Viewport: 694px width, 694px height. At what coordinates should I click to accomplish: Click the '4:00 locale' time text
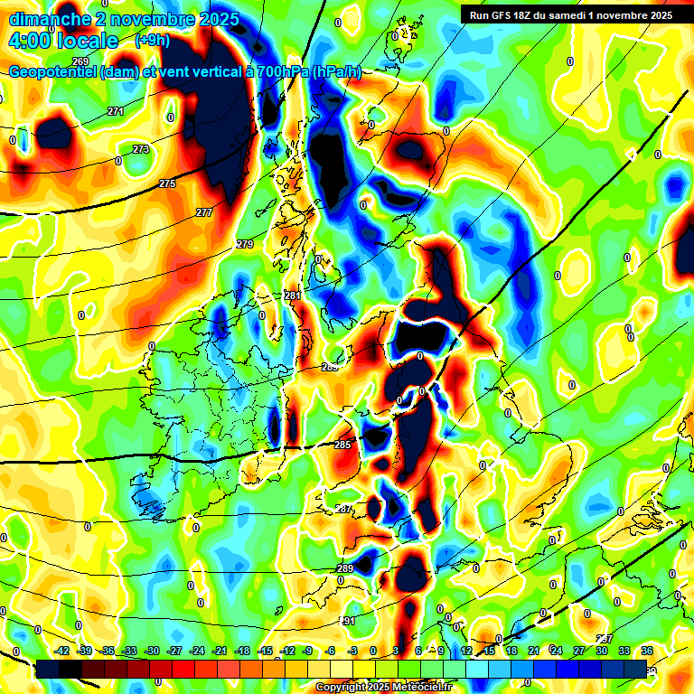(x=63, y=41)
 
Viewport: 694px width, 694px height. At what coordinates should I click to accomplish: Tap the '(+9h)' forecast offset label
(x=152, y=41)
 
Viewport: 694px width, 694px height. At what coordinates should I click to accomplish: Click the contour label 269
(x=80, y=61)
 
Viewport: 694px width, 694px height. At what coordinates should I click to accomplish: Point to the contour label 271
(x=115, y=111)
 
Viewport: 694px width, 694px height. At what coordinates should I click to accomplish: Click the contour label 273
(x=141, y=149)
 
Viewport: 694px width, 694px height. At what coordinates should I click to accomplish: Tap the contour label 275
(x=167, y=183)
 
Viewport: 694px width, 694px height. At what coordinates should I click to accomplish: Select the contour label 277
(x=204, y=212)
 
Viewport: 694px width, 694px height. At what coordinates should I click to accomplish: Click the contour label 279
(x=245, y=245)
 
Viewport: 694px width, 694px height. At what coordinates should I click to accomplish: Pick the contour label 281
(x=292, y=295)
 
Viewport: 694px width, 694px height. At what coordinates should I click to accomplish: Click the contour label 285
(x=342, y=445)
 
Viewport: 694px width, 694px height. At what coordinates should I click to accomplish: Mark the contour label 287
(x=344, y=510)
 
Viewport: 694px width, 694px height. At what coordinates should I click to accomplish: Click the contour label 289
(x=345, y=568)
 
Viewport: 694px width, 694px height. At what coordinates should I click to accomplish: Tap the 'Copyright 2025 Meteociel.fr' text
(x=383, y=688)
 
